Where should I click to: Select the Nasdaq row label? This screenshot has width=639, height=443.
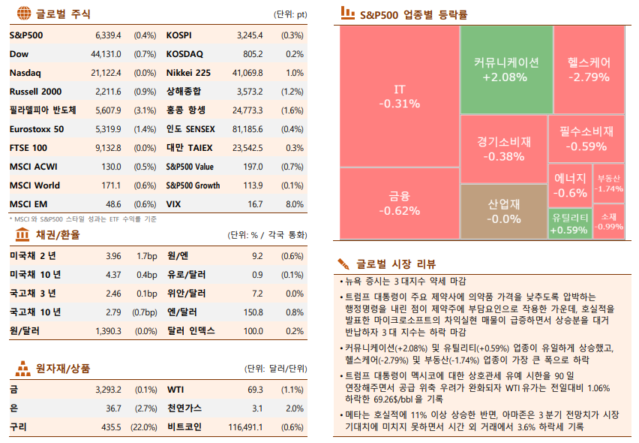coord(25,73)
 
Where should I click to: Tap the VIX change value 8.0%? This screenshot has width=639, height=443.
coord(295,204)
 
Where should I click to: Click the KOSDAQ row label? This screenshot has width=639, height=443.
coord(184,54)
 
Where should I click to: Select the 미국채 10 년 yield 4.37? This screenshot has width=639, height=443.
coord(113,275)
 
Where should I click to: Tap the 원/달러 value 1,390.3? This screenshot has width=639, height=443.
coord(108,331)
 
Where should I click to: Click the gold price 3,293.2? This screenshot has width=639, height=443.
coord(108,390)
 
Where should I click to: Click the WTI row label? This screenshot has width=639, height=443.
coord(175,390)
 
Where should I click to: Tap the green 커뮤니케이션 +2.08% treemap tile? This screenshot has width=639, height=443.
coord(505,70)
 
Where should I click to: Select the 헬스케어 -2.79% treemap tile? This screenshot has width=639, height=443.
coord(589,70)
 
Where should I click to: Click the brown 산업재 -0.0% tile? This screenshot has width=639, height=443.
coord(504,211)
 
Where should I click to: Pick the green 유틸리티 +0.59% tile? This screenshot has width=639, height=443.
coord(569,223)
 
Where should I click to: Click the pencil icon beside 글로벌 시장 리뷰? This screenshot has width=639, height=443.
coord(343,264)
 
